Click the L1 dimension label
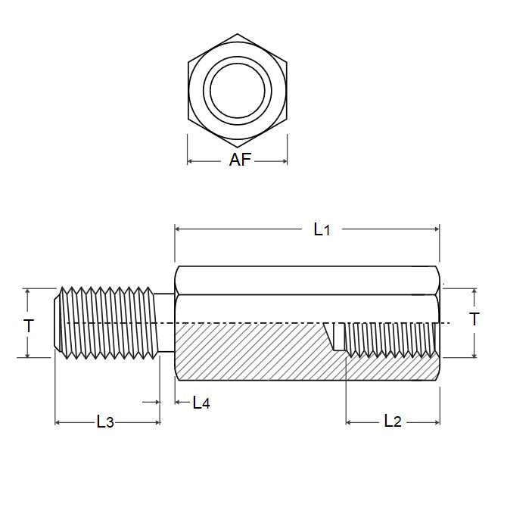point(322,229)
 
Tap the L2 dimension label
point(391,421)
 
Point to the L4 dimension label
point(201,403)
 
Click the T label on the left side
point(28,326)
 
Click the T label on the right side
point(474,319)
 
